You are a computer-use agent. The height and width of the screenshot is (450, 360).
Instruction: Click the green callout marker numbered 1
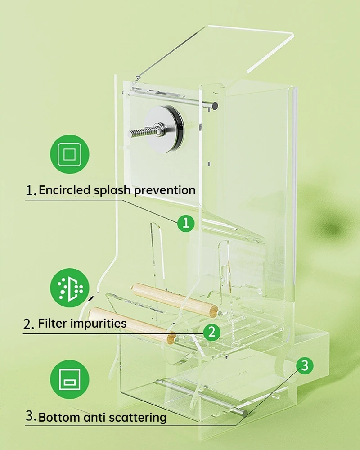pos(186,223)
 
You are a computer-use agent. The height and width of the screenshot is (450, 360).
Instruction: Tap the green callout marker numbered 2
pos(212,332)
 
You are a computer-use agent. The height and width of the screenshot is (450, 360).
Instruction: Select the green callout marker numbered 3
pos(305,365)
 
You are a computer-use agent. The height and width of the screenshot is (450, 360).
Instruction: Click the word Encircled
pos(65,190)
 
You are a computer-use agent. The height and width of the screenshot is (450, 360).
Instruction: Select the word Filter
pos(53,323)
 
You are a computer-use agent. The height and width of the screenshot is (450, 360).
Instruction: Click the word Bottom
pos(59,417)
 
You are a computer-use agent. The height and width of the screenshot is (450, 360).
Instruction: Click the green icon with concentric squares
pos(70,154)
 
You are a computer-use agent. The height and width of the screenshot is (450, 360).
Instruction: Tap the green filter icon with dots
pos(70,288)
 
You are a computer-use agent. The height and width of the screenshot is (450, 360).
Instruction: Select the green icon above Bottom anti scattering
pos(70,379)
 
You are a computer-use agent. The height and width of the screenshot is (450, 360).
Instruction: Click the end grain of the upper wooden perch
pos(214,312)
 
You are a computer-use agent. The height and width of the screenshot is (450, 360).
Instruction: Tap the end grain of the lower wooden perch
pos(171,338)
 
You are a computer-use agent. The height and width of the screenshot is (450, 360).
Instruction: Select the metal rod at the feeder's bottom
pos(202,397)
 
